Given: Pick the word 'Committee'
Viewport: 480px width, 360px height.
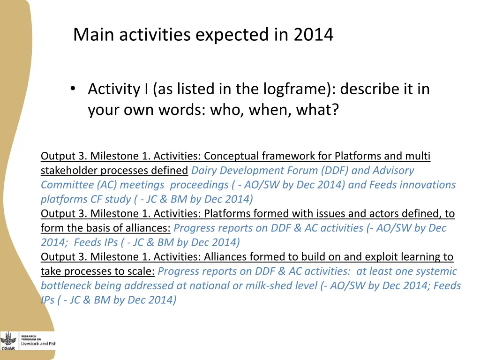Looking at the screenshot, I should coord(67,185).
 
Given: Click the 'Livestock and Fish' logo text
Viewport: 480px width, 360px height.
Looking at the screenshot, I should coord(38,344).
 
